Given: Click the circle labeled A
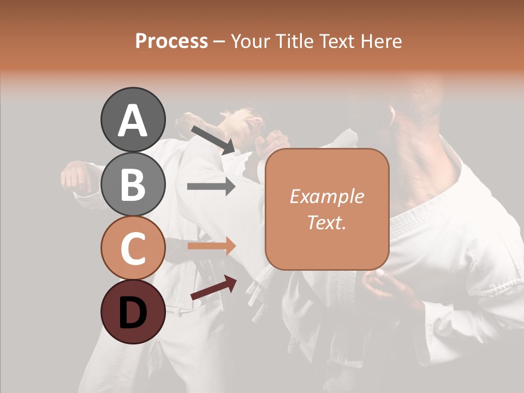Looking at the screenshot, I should [x=133, y=120].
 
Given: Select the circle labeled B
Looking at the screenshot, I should [x=133, y=184].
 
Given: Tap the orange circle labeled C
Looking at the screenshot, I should [x=133, y=248].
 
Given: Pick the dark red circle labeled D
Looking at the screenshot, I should [x=133, y=312].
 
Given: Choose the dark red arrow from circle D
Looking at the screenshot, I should [x=213, y=288].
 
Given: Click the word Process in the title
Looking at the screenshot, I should [x=171, y=41].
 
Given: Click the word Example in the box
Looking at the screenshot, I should [x=326, y=197].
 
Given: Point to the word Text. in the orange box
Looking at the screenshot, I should [x=326, y=222].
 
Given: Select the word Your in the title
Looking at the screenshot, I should [x=248, y=41].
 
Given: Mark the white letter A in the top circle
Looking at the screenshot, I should [x=133, y=121].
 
